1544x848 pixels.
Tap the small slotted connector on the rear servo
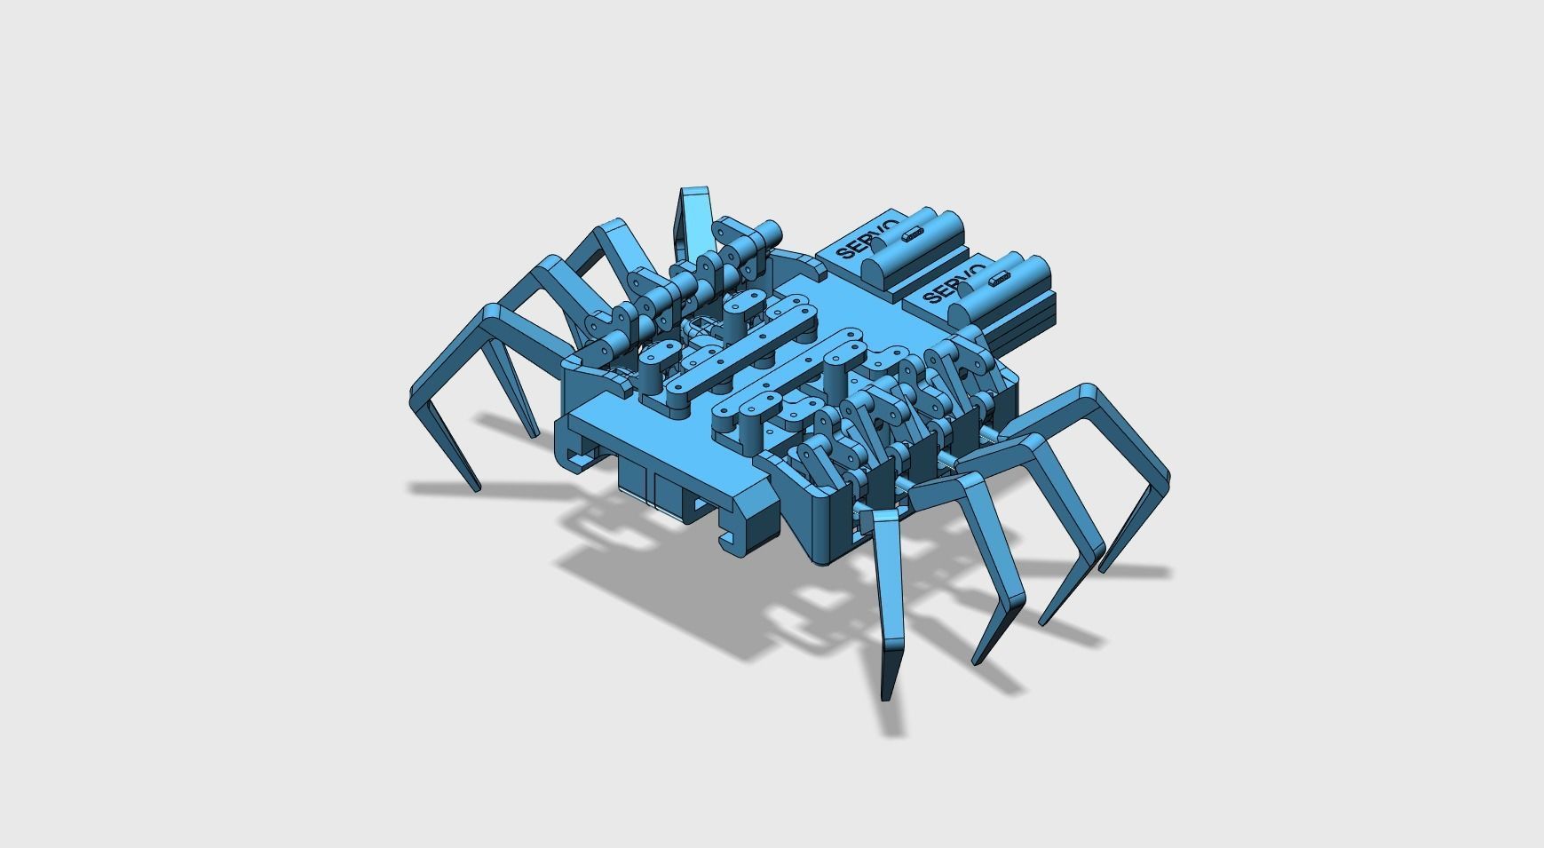tap(911, 234)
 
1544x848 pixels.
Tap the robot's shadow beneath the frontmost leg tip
tap(893, 719)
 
